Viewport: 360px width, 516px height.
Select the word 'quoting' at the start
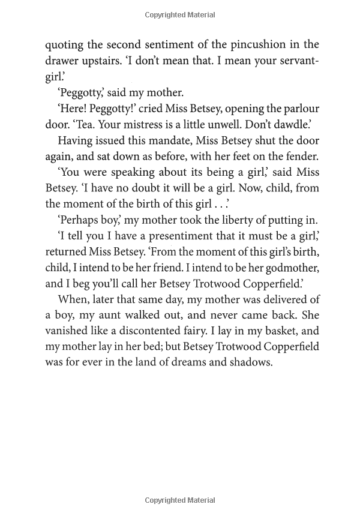pos(65,44)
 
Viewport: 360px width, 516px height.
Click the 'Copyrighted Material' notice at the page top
pos(180,15)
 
